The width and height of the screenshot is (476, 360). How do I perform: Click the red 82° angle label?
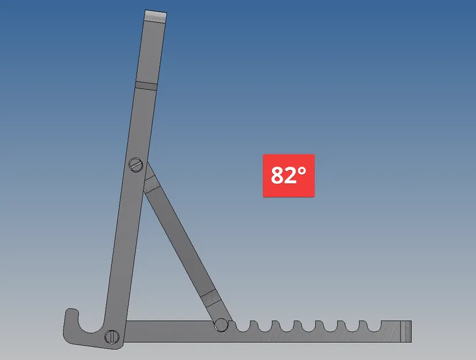coord(289,176)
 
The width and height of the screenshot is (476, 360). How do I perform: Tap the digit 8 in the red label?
coord(278,176)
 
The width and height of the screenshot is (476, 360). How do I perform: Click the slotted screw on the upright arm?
coord(135,165)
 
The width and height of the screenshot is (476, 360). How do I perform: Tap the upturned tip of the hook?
coord(70,314)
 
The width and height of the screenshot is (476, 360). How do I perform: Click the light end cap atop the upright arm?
coord(156,16)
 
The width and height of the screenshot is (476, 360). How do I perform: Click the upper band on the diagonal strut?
coord(152,184)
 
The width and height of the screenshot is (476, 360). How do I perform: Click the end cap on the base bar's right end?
coord(407,332)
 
